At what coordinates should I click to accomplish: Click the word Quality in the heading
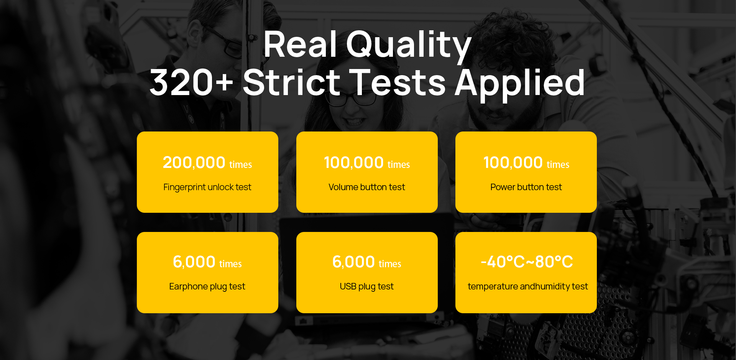click(409, 46)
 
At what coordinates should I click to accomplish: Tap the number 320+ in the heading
click(191, 82)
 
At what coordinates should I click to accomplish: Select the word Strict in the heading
click(291, 82)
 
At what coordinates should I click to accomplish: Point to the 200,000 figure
click(194, 163)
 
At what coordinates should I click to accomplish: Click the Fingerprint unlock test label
click(207, 187)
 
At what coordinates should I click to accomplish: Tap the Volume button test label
click(367, 187)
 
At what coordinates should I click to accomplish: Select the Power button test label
click(526, 187)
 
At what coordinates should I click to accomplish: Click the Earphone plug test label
click(207, 287)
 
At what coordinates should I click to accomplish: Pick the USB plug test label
click(367, 287)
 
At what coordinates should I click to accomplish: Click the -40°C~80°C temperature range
click(527, 262)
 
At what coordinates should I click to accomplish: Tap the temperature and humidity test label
click(528, 287)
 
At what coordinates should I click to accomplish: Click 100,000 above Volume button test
click(353, 163)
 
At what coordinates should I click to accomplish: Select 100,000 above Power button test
click(513, 163)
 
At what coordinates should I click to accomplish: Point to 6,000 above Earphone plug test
click(194, 262)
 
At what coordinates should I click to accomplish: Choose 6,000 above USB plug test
click(353, 262)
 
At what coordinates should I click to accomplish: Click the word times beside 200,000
click(241, 165)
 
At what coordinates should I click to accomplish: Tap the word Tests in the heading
click(398, 82)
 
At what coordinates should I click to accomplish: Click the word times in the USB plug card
click(390, 264)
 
